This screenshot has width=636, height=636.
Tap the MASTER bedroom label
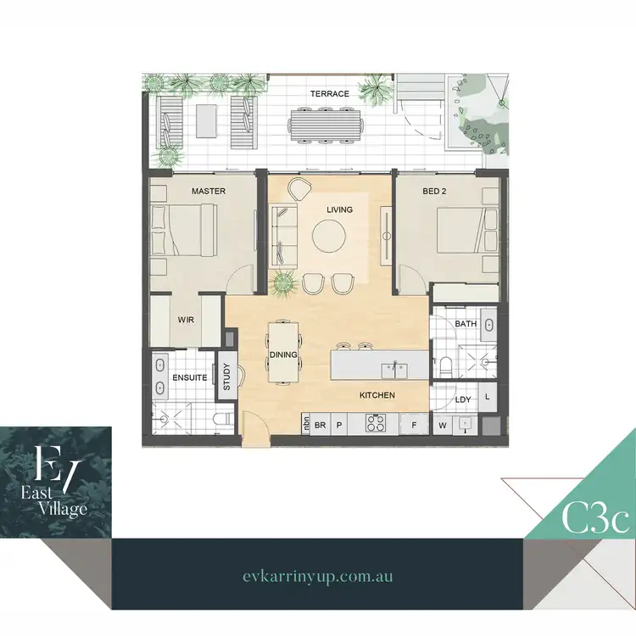click(x=209, y=192)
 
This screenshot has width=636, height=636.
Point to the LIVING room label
click(x=339, y=209)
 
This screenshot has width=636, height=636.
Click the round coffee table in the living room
click(x=329, y=236)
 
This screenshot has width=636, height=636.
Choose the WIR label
click(x=187, y=320)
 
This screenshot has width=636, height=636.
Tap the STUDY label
click(x=226, y=377)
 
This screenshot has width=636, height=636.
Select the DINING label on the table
click(x=282, y=355)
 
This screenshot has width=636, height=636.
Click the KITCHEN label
click(x=377, y=395)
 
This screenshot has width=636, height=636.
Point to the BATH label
click(x=466, y=324)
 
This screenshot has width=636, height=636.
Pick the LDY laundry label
click(x=463, y=399)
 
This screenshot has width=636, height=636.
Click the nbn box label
click(x=305, y=423)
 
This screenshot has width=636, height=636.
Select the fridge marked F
click(x=414, y=424)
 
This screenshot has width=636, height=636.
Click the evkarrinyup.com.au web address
click(x=316, y=576)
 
